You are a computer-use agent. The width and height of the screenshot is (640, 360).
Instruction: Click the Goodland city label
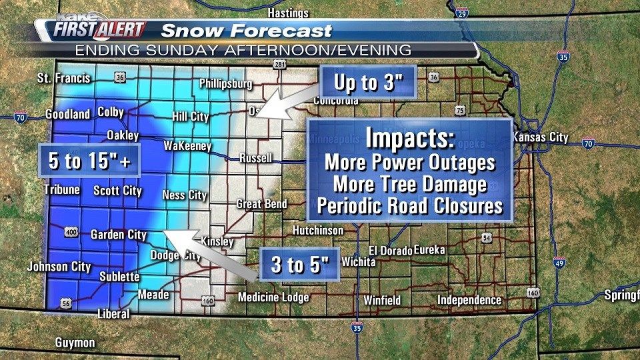(x=67, y=115)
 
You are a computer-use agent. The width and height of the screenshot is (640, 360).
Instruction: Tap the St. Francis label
(x=63, y=79)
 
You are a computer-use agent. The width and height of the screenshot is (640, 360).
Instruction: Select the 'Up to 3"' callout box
(x=367, y=83)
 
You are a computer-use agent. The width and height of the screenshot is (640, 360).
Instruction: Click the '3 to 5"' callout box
(x=301, y=265)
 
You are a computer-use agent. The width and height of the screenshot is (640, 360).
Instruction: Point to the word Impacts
(x=409, y=139)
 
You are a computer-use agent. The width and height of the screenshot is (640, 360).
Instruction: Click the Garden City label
(x=118, y=235)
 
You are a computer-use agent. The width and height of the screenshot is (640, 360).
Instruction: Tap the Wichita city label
(x=359, y=262)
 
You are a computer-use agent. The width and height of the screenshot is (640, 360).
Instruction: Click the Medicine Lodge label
(x=273, y=297)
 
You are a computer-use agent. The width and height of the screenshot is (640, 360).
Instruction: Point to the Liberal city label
(x=113, y=313)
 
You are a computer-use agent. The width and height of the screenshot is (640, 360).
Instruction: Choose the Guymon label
(x=75, y=343)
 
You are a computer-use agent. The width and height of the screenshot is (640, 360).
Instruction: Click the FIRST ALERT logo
(x=99, y=30)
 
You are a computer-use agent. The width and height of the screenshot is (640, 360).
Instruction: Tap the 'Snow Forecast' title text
(x=247, y=31)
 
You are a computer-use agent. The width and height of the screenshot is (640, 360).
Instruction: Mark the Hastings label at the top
(x=288, y=13)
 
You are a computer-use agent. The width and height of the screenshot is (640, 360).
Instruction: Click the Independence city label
(x=469, y=300)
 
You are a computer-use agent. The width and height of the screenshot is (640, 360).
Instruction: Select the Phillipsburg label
(x=226, y=84)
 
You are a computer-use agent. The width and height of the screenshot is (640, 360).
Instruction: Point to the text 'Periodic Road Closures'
(x=409, y=205)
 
